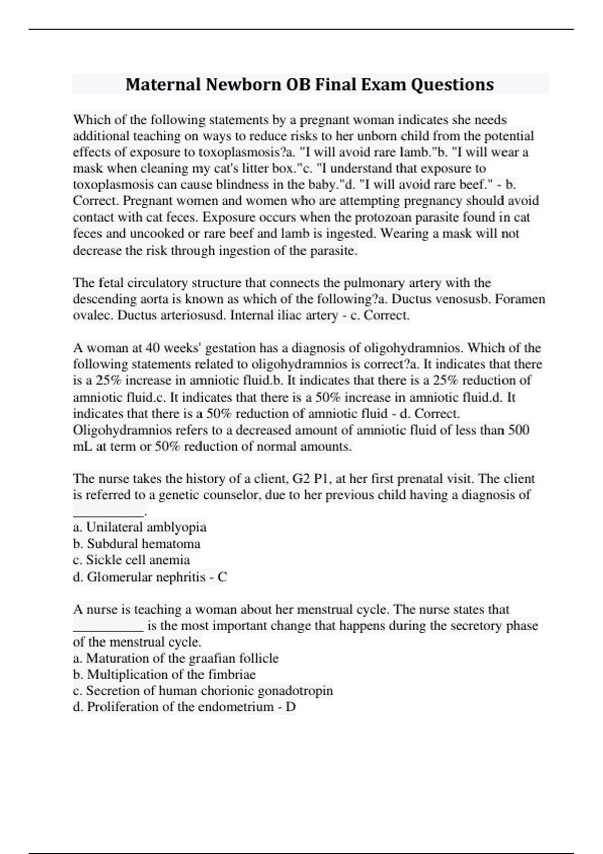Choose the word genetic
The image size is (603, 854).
click(x=178, y=495)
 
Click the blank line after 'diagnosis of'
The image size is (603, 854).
click(x=109, y=513)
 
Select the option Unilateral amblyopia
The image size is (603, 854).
click(x=146, y=527)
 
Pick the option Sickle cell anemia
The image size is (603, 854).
click(x=138, y=560)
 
